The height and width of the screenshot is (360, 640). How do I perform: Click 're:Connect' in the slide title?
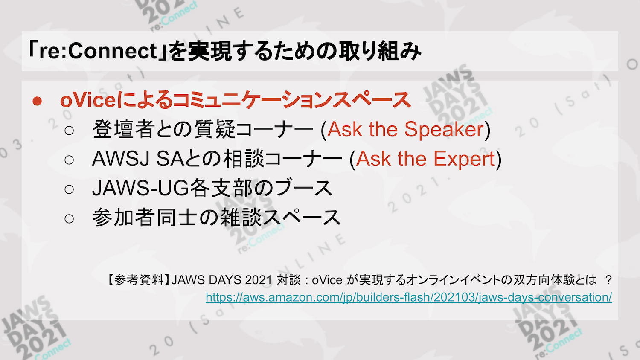click(99, 51)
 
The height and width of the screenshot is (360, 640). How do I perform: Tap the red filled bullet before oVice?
click(38, 101)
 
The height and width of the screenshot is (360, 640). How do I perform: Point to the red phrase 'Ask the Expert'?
click(425, 159)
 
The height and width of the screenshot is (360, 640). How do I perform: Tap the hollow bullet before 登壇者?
click(69, 131)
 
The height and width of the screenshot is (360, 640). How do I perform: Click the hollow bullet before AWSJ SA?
click(69, 160)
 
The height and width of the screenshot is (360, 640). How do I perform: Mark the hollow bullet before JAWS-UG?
click(69, 189)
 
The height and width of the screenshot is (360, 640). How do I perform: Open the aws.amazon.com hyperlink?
click(409, 297)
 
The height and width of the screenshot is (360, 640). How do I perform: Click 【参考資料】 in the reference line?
click(139, 280)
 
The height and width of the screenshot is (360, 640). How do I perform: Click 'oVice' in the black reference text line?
click(327, 280)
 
